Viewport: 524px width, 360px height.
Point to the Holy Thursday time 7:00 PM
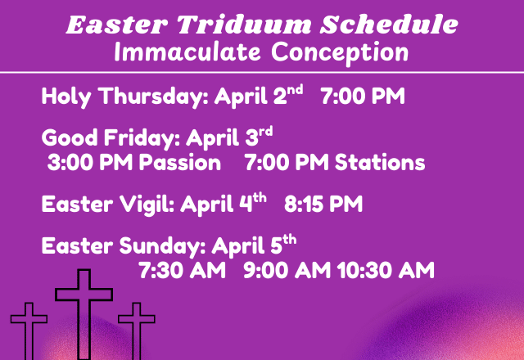[x=363, y=98]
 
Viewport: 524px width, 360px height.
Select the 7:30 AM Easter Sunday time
[x=182, y=270]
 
